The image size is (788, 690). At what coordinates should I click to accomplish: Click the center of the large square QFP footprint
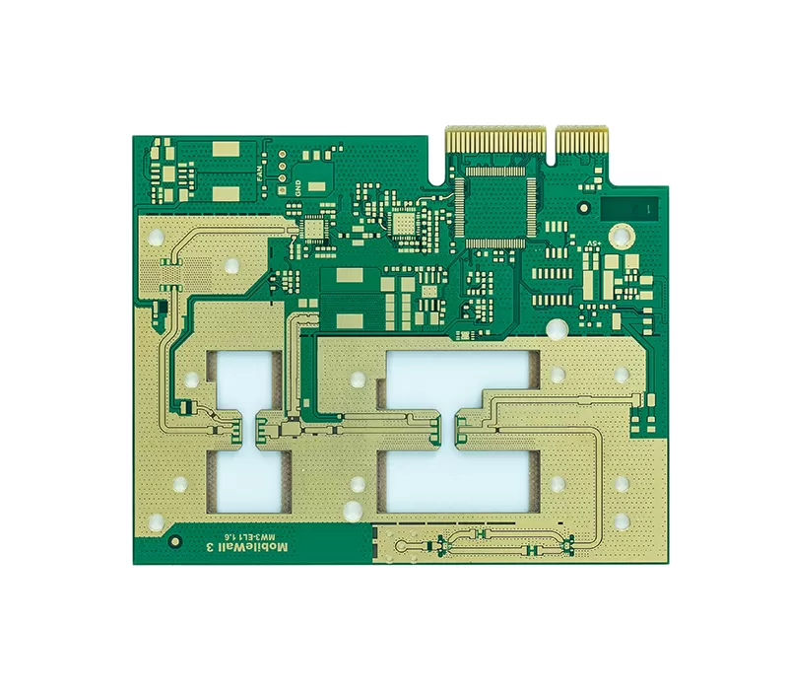497,202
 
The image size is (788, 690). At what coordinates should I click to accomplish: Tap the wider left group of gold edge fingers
495,140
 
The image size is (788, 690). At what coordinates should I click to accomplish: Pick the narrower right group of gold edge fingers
583,141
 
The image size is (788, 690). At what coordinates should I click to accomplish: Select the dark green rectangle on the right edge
629,208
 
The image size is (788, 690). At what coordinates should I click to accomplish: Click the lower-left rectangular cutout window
246,482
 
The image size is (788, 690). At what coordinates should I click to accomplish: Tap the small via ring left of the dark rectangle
584,206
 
